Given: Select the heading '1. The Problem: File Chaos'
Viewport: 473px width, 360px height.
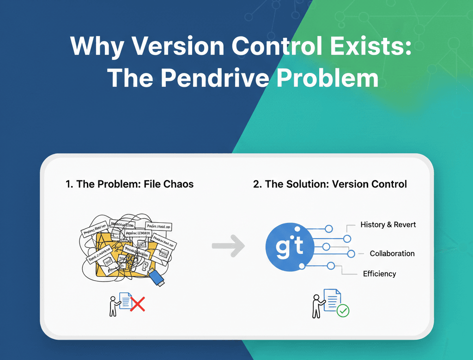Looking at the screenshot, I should coord(130,184).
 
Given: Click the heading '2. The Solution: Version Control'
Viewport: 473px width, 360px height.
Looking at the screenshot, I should coord(330,184).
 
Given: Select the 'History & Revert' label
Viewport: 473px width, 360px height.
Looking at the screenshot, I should coord(388,225).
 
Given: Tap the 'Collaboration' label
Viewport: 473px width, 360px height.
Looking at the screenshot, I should coord(392,253).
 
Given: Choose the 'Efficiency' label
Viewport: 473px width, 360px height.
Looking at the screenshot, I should coord(379,274).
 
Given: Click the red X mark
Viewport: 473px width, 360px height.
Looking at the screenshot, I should coord(137,304).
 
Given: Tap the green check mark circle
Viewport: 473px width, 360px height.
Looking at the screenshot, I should coord(343,311).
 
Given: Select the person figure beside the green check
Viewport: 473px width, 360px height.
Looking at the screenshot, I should coord(317,306).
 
